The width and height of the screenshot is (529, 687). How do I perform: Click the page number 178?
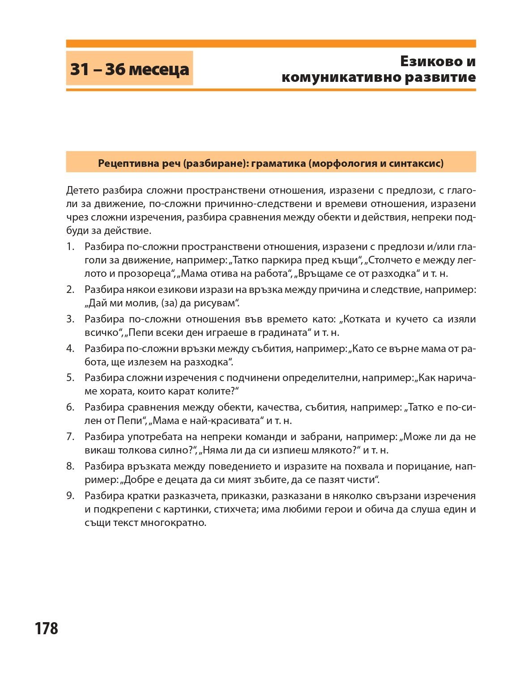[x=47, y=628]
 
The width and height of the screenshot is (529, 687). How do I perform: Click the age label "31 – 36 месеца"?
[x=129, y=69]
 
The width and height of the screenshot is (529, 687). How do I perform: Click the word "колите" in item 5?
[x=218, y=391]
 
